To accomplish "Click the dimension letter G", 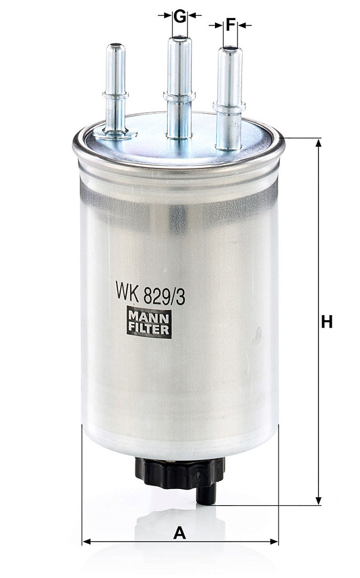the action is pyautogui.click(x=180, y=17).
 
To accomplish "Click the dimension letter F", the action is pyautogui.click(x=231, y=25).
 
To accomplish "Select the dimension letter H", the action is pyautogui.click(x=326, y=321).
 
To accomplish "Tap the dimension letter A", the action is pyautogui.click(x=180, y=533).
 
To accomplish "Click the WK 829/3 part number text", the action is pyautogui.click(x=150, y=292).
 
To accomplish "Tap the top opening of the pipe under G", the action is pyautogui.click(x=180, y=38).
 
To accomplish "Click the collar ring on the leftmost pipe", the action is pyautogui.click(x=116, y=95).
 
